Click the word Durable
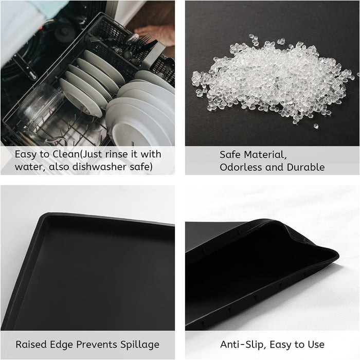click(305, 167)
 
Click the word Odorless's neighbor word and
click(273, 167)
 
